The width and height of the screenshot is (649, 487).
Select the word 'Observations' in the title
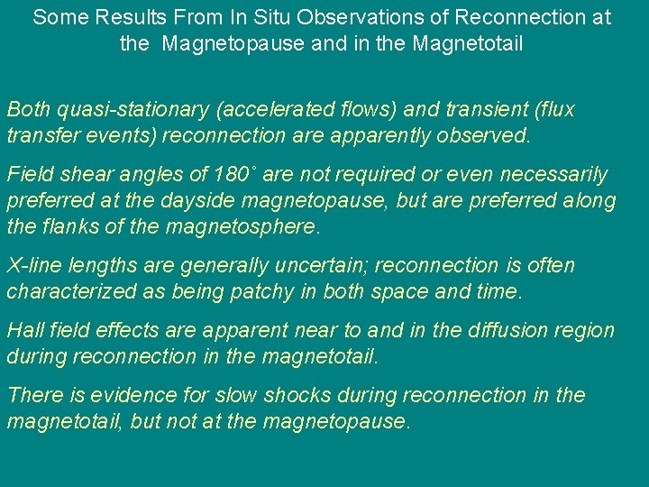pos(328,17)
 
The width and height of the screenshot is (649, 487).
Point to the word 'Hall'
pos(24,330)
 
